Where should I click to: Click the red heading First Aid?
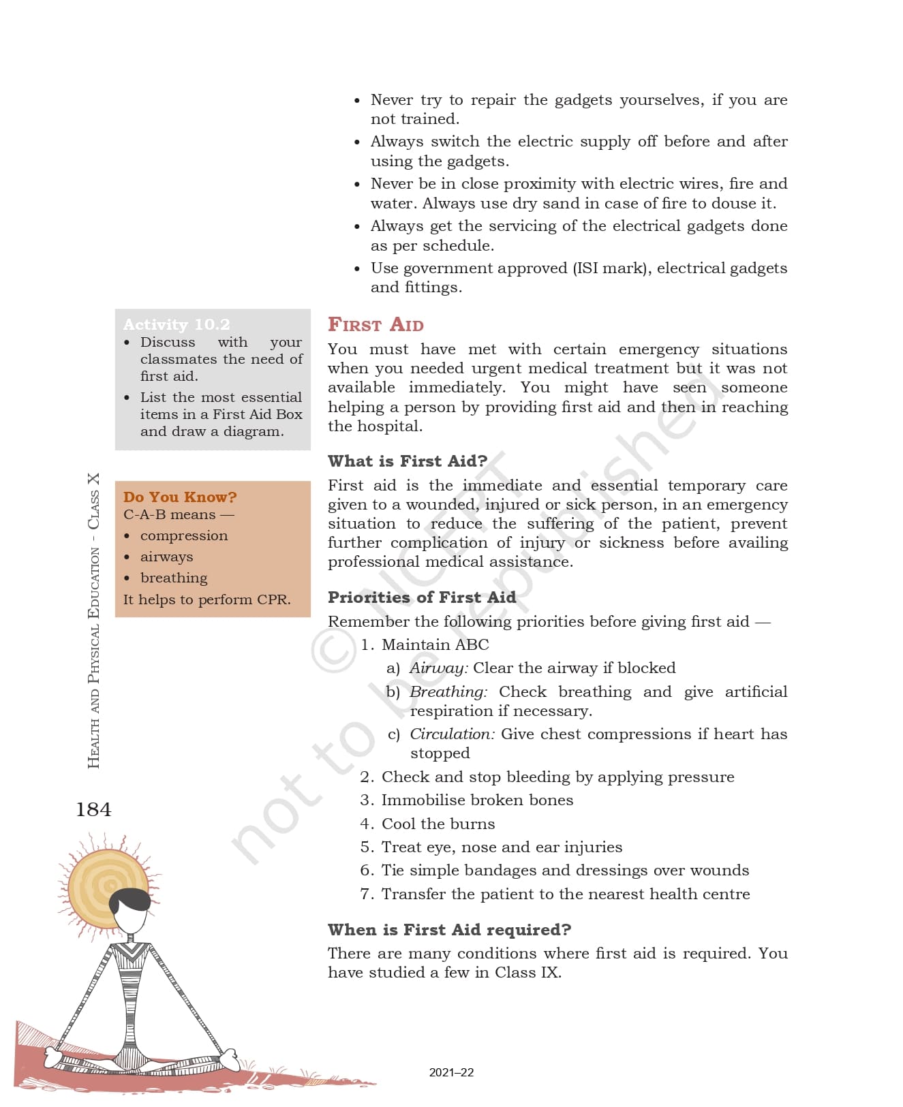(376, 324)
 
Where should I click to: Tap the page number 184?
(93, 809)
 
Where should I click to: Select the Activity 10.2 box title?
(177, 324)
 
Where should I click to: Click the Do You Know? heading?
(180, 497)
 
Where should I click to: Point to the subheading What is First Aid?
(408, 461)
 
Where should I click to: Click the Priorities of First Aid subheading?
(422, 597)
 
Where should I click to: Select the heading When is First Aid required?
(449, 930)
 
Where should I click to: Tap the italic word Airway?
(439, 668)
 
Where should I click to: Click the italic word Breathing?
(448, 691)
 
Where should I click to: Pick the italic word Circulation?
(452, 734)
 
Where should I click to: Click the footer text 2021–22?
(451, 1072)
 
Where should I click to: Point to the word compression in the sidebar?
(184, 535)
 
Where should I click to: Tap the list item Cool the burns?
(438, 824)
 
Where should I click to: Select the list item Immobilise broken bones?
(477, 800)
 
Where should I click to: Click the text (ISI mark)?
(611, 268)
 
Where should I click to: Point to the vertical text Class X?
(93, 501)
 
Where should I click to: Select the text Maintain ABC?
(435, 644)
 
